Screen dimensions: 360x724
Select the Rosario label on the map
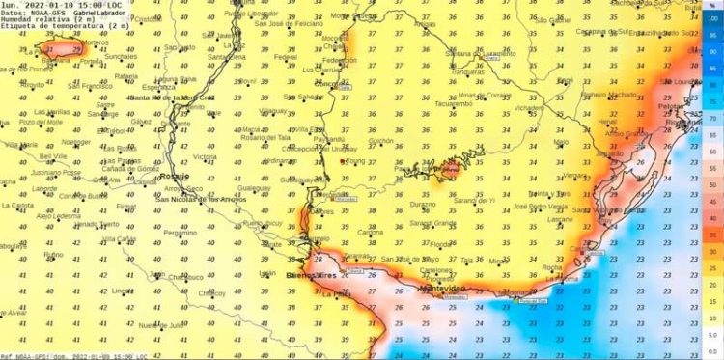click(x=175, y=178)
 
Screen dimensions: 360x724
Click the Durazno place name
click(x=423, y=206)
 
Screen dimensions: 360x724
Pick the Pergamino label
click(x=181, y=233)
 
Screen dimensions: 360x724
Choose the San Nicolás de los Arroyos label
click(x=202, y=198)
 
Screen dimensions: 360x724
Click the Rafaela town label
click(x=126, y=76)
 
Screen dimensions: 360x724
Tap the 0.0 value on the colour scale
click(x=711, y=350)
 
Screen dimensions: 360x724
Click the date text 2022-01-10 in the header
click(x=41, y=5)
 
